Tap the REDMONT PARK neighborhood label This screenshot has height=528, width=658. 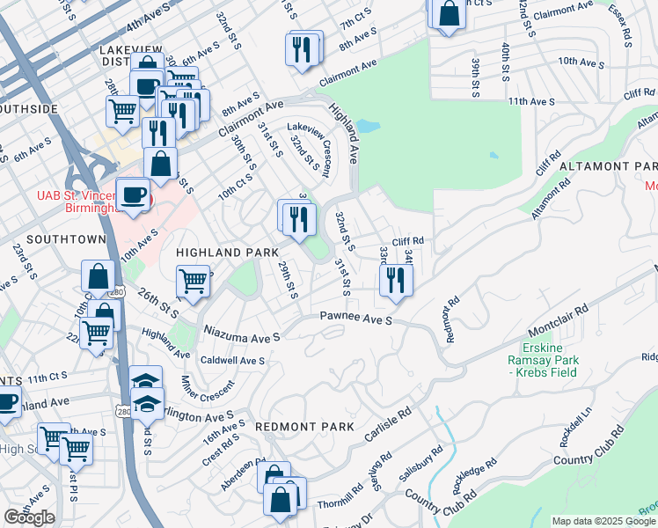pyautogui.click(x=304, y=427)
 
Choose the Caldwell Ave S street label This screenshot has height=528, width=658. pyautogui.click(x=232, y=361)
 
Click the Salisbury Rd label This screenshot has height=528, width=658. pyautogui.click(x=420, y=461)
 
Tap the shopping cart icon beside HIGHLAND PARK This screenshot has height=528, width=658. pyautogui.click(x=193, y=282)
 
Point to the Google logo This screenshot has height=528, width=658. pyautogui.click(x=29, y=517)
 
